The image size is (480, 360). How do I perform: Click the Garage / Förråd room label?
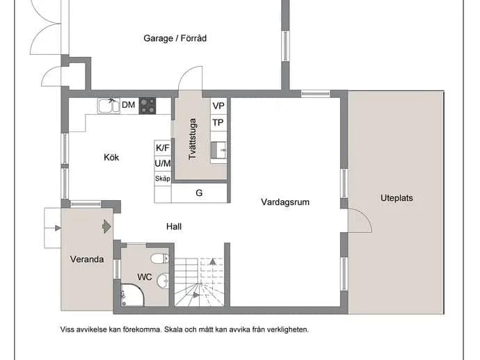click(x=175, y=38)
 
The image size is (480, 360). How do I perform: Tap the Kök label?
click(x=111, y=157)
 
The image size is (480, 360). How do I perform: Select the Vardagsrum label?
click(x=285, y=202)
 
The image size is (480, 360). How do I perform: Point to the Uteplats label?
click(x=397, y=198)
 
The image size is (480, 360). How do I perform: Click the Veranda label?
click(x=87, y=259)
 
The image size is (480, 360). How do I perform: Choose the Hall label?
click(x=174, y=227)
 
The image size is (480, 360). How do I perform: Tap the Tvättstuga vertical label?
click(x=192, y=139)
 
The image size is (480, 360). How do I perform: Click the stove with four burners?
click(x=147, y=106)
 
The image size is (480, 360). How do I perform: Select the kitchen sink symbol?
click(x=109, y=106)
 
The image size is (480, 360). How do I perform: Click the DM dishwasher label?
click(x=128, y=105)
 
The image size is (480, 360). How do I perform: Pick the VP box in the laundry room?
click(x=218, y=106)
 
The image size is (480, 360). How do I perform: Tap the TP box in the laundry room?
click(x=218, y=122)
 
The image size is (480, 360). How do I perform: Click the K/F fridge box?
click(x=163, y=148)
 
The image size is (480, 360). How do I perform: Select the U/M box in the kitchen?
click(x=163, y=163)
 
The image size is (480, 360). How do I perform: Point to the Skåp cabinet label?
click(x=163, y=179)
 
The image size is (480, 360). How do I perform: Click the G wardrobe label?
click(x=199, y=193)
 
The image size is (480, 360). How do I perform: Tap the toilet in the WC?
click(x=160, y=259)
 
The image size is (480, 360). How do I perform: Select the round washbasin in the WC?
click(x=163, y=280)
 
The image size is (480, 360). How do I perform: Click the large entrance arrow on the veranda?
click(x=106, y=227)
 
